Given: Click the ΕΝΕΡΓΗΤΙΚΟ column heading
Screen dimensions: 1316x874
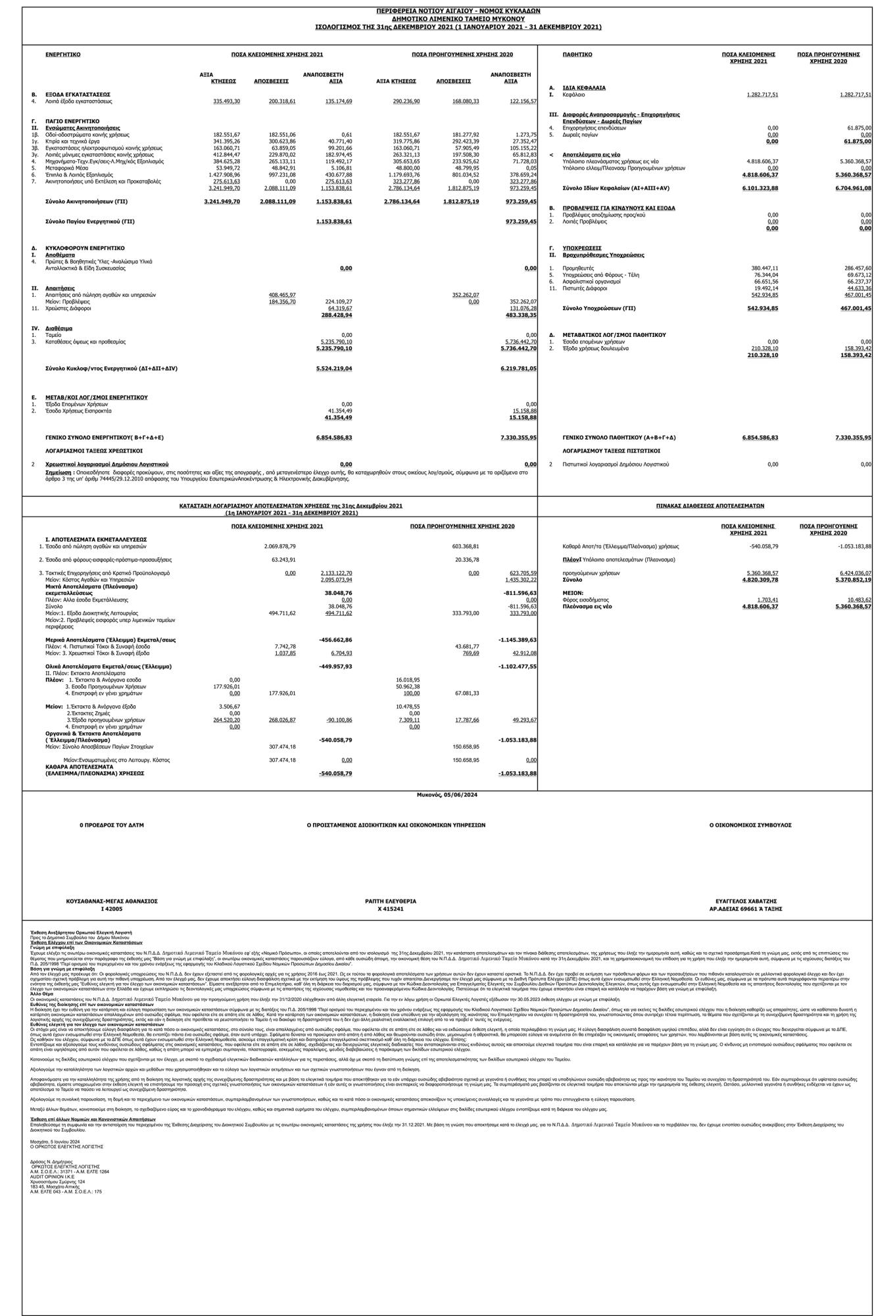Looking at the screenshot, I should point(62,54).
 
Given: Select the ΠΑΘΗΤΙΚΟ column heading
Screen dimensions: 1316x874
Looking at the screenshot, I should point(577,54).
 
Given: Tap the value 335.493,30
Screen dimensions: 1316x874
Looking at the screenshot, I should point(227,101).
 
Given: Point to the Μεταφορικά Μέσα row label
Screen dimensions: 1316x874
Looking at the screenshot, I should point(66,168).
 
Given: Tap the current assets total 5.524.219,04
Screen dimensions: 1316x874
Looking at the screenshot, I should point(333,368).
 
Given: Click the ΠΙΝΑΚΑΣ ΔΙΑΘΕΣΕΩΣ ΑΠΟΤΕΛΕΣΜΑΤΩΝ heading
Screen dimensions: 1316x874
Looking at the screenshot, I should point(710,506).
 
